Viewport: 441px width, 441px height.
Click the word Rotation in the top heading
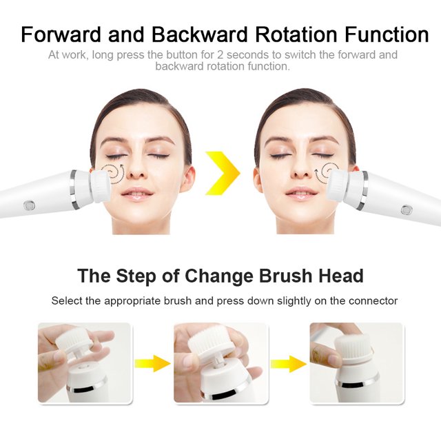[x=296, y=34]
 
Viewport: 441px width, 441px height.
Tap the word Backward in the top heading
[x=199, y=34]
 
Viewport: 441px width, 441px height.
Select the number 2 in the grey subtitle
[x=220, y=54]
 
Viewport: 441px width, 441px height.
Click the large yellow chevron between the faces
[x=223, y=173]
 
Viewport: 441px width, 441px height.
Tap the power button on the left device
[x=29, y=205]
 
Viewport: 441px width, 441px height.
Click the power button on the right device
[x=407, y=209]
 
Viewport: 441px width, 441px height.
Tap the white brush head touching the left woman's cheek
[x=99, y=187]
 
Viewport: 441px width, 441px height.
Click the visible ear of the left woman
[x=187, y=179]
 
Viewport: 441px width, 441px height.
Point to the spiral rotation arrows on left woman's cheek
[x=112, y=172]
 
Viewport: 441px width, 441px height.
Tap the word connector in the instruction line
[x=373, y=301]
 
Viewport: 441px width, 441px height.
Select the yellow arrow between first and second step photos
[x=152, y=363]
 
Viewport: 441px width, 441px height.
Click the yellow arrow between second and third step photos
[x=289, y=364]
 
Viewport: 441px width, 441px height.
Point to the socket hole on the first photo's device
[x=83, y=367]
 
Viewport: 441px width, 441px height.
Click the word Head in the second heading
[x=341, y=276]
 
